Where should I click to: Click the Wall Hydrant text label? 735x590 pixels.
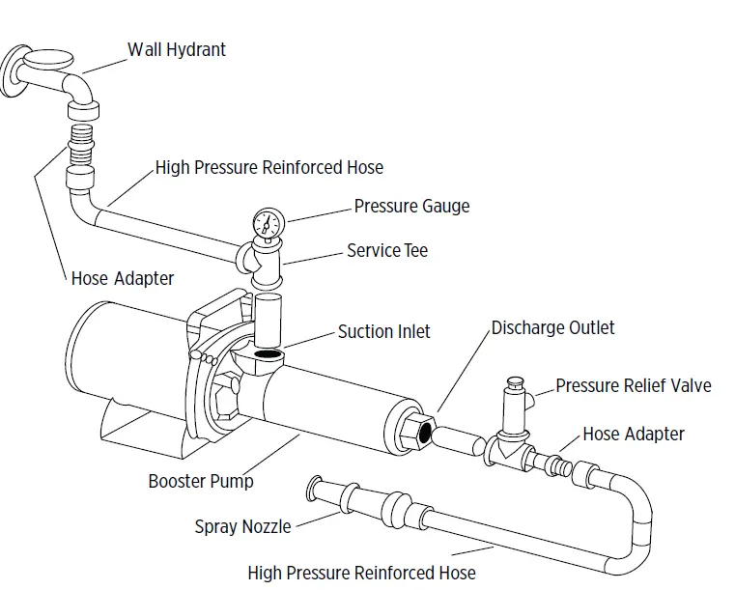pyautogui.click(x=177, y=48)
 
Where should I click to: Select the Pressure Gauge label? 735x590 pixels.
pyautogui.click(x=411, y=206)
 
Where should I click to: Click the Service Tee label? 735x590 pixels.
pyautogui.click(x=386, y=251)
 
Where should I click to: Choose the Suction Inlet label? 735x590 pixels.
pyautogui.click(x=383, y=331)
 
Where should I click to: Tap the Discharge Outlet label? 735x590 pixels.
pyautogui.click(x=552, y=327)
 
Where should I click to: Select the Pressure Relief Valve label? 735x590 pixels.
pyautogui.click(x=633, y=386)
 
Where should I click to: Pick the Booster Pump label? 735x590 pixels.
pyautogui.click(x=201, y=481)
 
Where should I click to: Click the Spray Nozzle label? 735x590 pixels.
pyautogui.click(x=242, y=526)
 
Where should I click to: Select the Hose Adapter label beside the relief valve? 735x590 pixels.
pyautogui.click(x=633, y=435)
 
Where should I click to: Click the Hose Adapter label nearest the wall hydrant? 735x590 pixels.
pyautogui.click(x=123, y=279)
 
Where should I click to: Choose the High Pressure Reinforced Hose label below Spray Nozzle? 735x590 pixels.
pyautogui.click(x=361, y=573)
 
